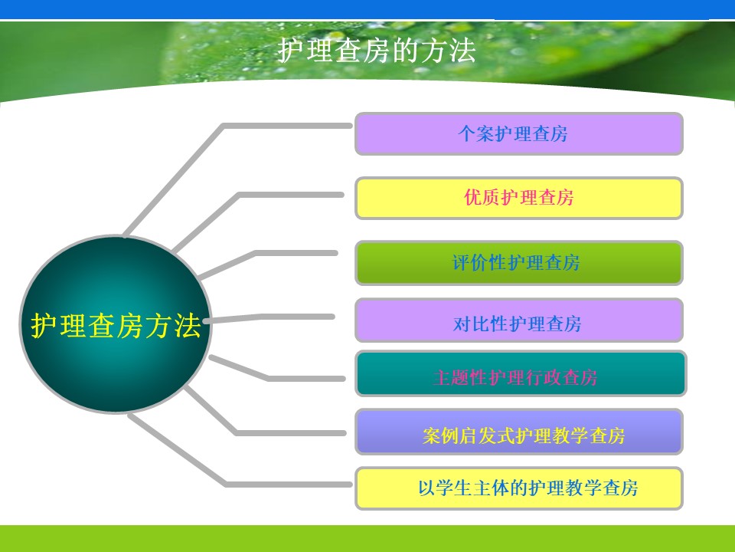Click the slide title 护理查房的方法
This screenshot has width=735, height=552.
tap(377, 51)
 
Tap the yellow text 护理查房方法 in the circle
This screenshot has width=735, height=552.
tap(116, 325)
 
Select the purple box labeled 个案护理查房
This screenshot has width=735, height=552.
tap(519, 133)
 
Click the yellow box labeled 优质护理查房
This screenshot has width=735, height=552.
tap(519, 198)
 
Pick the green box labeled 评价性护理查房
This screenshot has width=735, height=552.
tap(519, 262)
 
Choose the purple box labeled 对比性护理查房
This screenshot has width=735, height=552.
tap(519, 320)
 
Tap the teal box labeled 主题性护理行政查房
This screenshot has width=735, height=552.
tap(521, 373)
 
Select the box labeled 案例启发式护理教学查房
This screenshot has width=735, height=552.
tap(519, 432)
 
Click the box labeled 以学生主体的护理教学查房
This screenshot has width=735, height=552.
tap(519, 488)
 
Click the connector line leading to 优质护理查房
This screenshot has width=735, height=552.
tap(239, 195)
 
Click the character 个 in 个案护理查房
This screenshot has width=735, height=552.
tap(466, 133)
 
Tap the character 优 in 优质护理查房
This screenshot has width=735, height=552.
tap(472, 197)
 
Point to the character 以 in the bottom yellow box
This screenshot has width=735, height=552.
tap(426, 488)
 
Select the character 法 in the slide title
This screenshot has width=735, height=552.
tap(462, 51)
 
